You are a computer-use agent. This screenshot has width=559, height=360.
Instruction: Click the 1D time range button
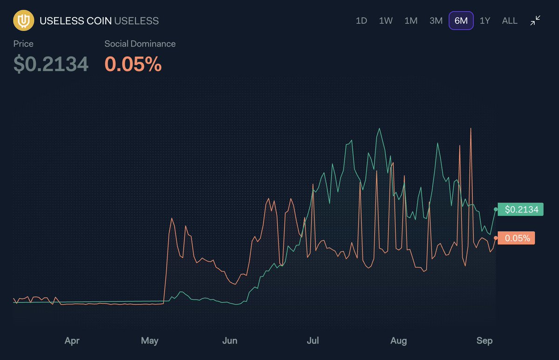361,21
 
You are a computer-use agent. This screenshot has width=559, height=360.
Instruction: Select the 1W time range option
386,21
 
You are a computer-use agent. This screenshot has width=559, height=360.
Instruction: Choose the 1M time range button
411,21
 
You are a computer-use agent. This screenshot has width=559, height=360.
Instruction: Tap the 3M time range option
436,21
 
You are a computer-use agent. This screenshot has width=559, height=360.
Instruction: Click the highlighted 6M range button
461,21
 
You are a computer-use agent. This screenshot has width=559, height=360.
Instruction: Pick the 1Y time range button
485,21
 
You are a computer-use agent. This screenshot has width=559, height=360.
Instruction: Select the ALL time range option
510,21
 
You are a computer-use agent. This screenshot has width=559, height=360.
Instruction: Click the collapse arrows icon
535,20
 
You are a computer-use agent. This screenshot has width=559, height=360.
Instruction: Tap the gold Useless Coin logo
22,21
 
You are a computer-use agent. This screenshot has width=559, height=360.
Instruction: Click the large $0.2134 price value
51,64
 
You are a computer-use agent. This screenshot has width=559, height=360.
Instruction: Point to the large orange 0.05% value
133,64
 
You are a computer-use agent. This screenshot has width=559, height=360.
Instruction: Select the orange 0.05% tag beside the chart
517,238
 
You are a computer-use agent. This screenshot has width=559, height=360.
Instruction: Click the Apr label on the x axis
72,341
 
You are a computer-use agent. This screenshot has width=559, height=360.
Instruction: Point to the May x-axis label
150,341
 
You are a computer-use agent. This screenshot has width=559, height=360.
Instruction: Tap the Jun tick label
230,341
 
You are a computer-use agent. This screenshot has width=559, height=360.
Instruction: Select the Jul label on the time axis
313,341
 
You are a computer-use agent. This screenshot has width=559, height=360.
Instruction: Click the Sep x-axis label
484,341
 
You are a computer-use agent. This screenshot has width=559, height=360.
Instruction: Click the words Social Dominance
140,44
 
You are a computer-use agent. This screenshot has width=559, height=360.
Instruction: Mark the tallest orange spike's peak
471,128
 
